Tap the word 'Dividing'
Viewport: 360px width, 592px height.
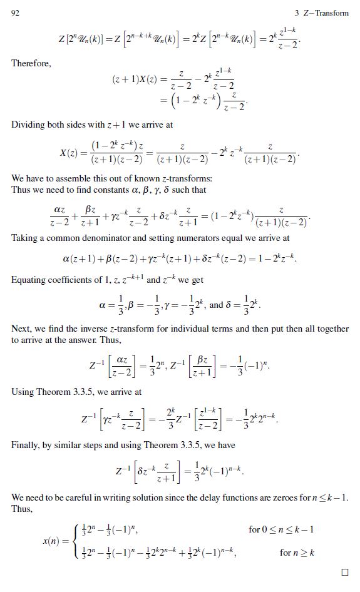coord(28,125)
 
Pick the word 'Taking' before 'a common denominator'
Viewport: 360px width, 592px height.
coord(24,238)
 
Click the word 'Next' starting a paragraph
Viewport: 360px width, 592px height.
coord(21,329)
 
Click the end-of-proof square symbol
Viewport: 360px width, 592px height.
coord(344,572)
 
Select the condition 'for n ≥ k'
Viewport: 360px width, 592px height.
coord(297,553)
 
